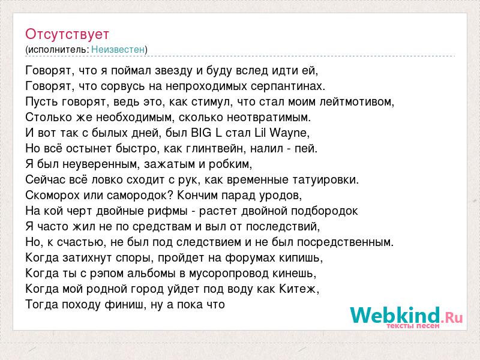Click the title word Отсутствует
67,34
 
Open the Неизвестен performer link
118,49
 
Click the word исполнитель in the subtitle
57,50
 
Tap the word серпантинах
288,86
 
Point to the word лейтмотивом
356,101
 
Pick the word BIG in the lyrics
201,133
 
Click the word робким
230,164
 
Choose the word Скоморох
52,196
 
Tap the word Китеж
299,289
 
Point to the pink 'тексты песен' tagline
413,326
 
